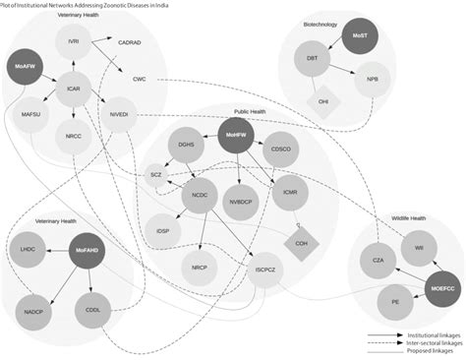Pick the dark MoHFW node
(234, 136)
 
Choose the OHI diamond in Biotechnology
(322, 102)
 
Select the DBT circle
(312, 59)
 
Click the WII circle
(418, 248)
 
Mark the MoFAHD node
(86, 252)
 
